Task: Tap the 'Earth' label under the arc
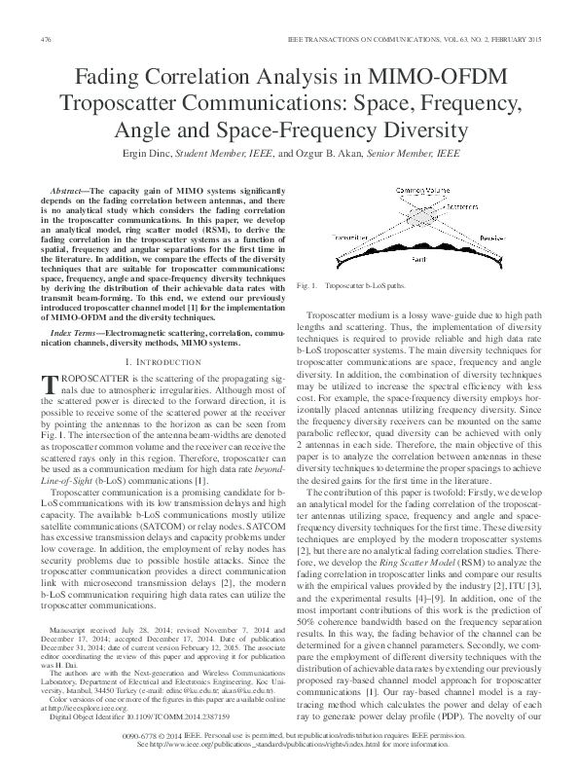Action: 418,260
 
